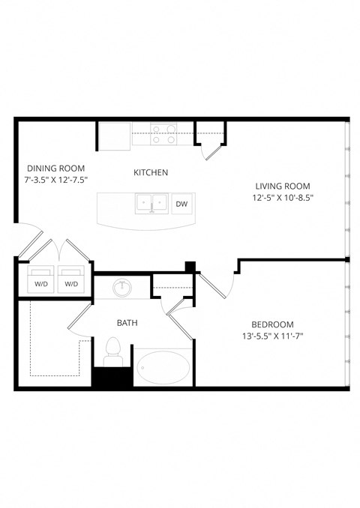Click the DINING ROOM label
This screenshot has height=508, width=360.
pos(55,168)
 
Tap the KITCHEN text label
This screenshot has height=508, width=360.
pos(151,172)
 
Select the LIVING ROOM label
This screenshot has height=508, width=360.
pos(282,186)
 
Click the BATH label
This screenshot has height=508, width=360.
pos(126,323)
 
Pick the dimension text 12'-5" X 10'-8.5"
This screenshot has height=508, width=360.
pos(282,199)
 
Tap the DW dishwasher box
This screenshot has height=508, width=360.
pos(181,203)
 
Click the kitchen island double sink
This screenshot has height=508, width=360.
pos(151,203)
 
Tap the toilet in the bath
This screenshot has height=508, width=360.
pos(114,349)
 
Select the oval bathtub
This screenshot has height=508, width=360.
pos(163,368)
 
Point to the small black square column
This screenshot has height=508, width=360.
pos(190,266)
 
